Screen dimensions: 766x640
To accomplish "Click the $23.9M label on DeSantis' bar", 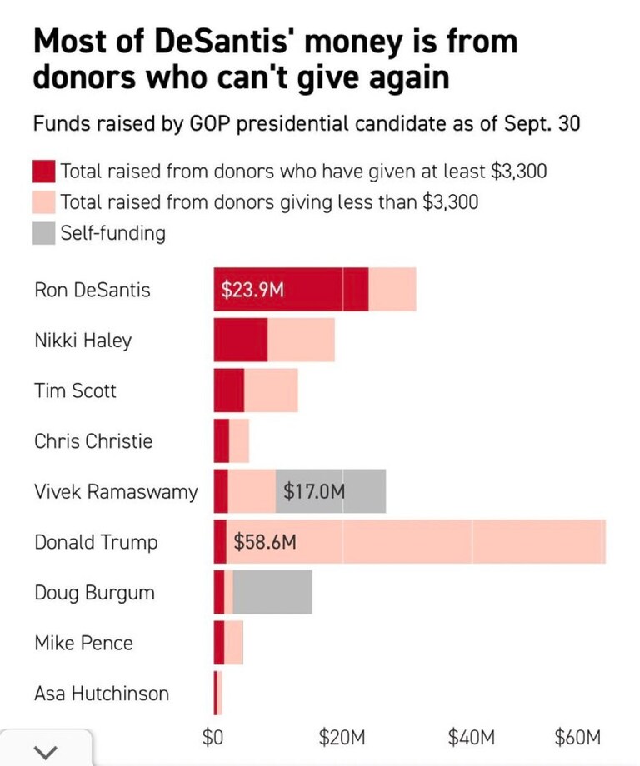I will tap(252, 290).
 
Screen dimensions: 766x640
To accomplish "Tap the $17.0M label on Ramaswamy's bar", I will tap(313, 491).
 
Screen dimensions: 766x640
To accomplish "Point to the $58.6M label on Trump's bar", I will tap(265, 542).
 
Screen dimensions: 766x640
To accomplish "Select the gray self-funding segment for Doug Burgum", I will tap(272, 592).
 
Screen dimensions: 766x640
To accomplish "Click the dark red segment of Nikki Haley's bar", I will tap(240, 340).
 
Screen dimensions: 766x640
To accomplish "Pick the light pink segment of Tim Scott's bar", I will tap(271, 390).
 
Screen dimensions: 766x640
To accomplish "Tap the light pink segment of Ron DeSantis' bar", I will tap(392, 290).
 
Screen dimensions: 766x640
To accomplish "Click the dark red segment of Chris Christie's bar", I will tap(221, 440).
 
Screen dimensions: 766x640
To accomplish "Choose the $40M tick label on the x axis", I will tap(472, 736).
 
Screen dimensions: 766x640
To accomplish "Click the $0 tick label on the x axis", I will tap(214, 736).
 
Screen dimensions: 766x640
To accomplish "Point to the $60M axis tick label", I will tap(577, 736).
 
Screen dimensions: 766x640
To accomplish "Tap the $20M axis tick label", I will tap(342, 736).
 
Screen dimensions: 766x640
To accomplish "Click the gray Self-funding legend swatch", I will tap(44, 233).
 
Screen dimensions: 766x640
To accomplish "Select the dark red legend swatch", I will tap(44, 172).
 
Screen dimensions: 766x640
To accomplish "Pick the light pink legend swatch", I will tap(44, 202).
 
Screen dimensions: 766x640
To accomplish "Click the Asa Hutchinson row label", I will tap(101, 694).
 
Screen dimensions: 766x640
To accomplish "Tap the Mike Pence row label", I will tap(83, 643).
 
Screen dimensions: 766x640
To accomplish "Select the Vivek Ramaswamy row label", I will tap(116, 491).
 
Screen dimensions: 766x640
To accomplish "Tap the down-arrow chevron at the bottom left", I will tap(47, 751).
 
